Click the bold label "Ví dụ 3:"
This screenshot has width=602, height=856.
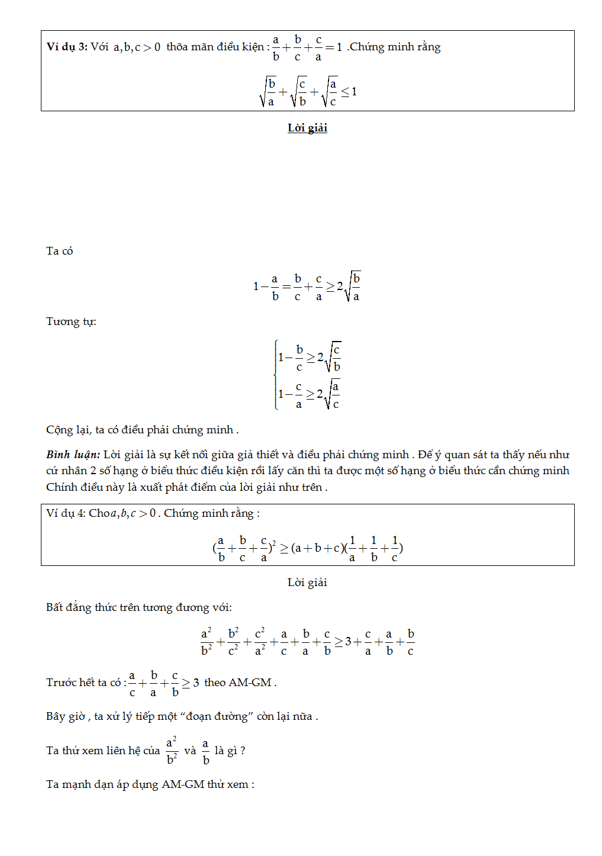point(67,47)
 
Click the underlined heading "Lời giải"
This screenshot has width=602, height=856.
point(307,128)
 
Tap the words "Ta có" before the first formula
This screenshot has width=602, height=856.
point(59,251)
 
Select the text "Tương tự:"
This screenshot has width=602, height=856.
point(71,321)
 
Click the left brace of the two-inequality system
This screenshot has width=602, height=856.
point(276,375)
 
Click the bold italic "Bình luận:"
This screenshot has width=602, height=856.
point(73,455)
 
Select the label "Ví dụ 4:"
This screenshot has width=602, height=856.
point(66,513)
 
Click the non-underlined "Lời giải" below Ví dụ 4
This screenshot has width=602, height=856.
point(307,583)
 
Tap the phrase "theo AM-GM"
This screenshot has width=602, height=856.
point(238,683)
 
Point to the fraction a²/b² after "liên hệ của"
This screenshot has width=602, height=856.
point(172,751)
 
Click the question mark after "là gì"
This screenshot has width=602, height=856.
point(243,751)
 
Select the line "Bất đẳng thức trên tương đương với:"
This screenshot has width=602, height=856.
point(139,607)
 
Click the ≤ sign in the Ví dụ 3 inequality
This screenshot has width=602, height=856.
point(345,92)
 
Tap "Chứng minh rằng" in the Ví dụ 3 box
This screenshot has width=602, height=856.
point(395,47)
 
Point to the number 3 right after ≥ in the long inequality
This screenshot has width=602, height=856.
point(348,642)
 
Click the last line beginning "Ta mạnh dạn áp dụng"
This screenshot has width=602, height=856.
point(150,784)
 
